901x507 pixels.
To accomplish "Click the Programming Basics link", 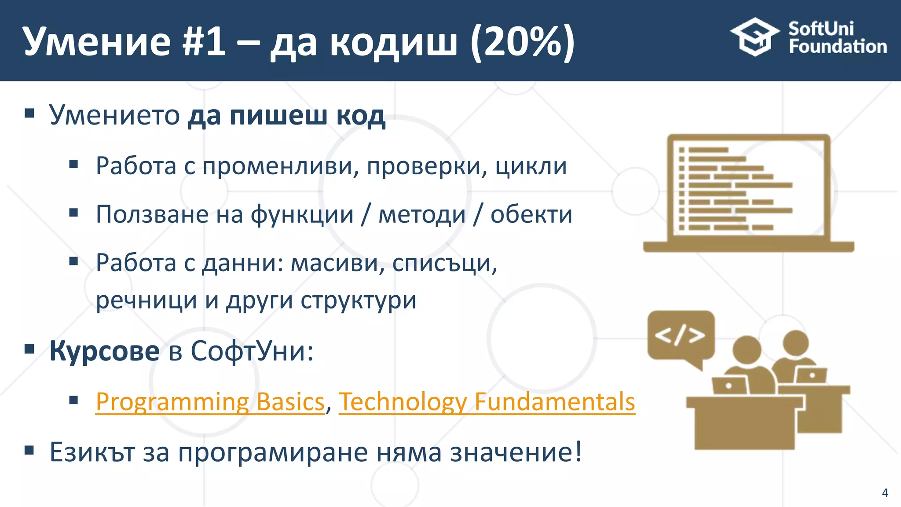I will [210, 402].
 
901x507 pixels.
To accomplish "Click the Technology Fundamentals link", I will [487, 402].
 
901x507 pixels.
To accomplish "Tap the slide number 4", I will [885, 492].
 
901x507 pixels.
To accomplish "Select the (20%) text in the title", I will [522, 41].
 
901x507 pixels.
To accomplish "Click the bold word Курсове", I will [104, 351].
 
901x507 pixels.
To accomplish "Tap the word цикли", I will [531, 166].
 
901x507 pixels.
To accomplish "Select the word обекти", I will [531, 214].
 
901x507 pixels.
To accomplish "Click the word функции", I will [302, 214].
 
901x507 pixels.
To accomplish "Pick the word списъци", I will [444, 263].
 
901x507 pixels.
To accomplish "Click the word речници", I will [146, 300].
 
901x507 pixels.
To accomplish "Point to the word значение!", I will [516, 452].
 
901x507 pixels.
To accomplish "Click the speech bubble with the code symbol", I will [680, 336].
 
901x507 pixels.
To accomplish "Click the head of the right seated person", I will [796, 343].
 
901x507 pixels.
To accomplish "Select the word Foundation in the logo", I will [838, 47].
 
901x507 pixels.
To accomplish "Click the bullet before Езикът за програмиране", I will [29, 450].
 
